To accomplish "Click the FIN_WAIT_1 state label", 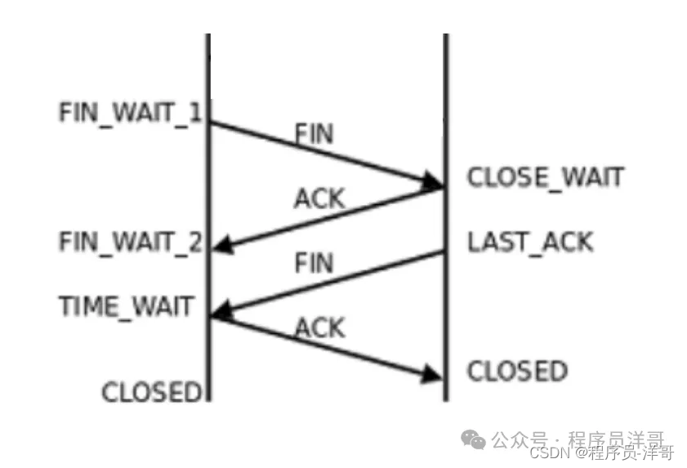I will [130, 112].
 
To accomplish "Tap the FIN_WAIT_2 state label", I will [130, 242].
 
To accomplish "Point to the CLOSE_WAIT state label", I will [545, 176].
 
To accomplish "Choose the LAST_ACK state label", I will [530, 242].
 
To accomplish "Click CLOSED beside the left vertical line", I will [151, 392].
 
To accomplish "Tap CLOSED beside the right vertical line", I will [517, 372].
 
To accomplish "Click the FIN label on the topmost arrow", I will [315, 134].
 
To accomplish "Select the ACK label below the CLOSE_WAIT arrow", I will [319, 198].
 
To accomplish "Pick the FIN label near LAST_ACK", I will [314, 263].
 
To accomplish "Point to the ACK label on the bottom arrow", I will [319, 328].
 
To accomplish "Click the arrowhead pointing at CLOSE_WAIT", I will [430, 182].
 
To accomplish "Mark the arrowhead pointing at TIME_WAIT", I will [221, 310].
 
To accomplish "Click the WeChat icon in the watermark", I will [473, 440].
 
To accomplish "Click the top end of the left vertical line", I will [208, 35].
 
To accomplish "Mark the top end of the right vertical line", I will [446, 35].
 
